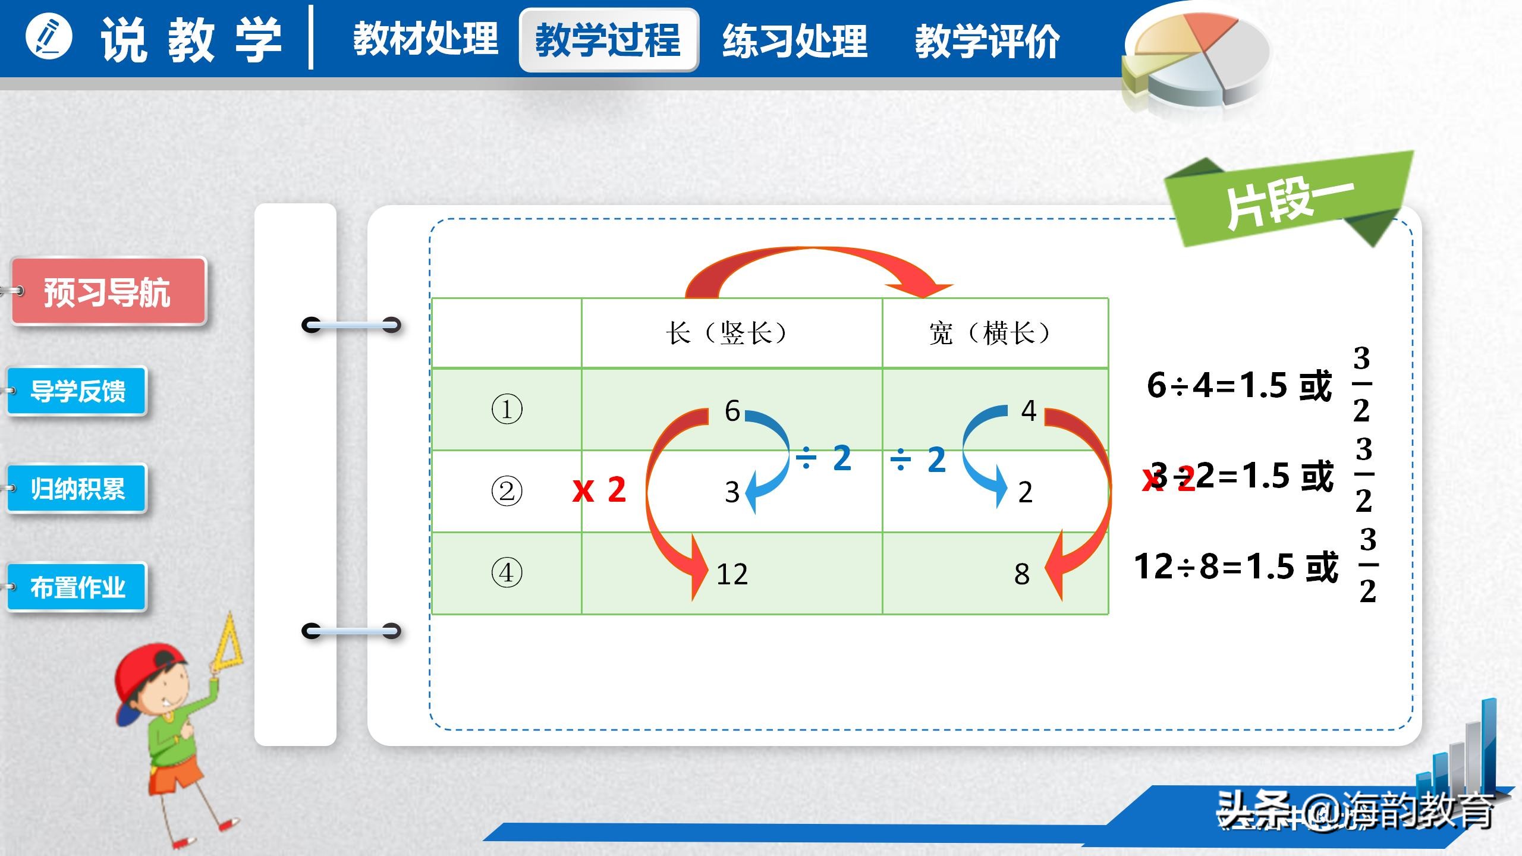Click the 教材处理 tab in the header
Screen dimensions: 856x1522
(x=425, y=39)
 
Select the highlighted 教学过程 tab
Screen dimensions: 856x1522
(x=608, y=40)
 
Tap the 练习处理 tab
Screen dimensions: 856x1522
(x=795, y=40)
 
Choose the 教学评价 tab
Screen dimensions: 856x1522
(x=987, y=40)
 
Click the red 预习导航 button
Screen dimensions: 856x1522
(x=108, y=292)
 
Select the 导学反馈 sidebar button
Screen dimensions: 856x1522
(x=77, y=391)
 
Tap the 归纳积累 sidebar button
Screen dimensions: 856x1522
(x=77, y=489)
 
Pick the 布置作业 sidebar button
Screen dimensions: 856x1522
(x=77, y=587)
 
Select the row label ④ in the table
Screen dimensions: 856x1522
(x=507, y=573)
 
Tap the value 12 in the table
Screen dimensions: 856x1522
(x=732, y=574)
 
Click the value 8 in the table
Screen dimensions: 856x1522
(x=1021, y=574)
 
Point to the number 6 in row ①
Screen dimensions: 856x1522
(x=732, y=411)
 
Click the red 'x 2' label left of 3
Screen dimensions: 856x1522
(x=599, y=490)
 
